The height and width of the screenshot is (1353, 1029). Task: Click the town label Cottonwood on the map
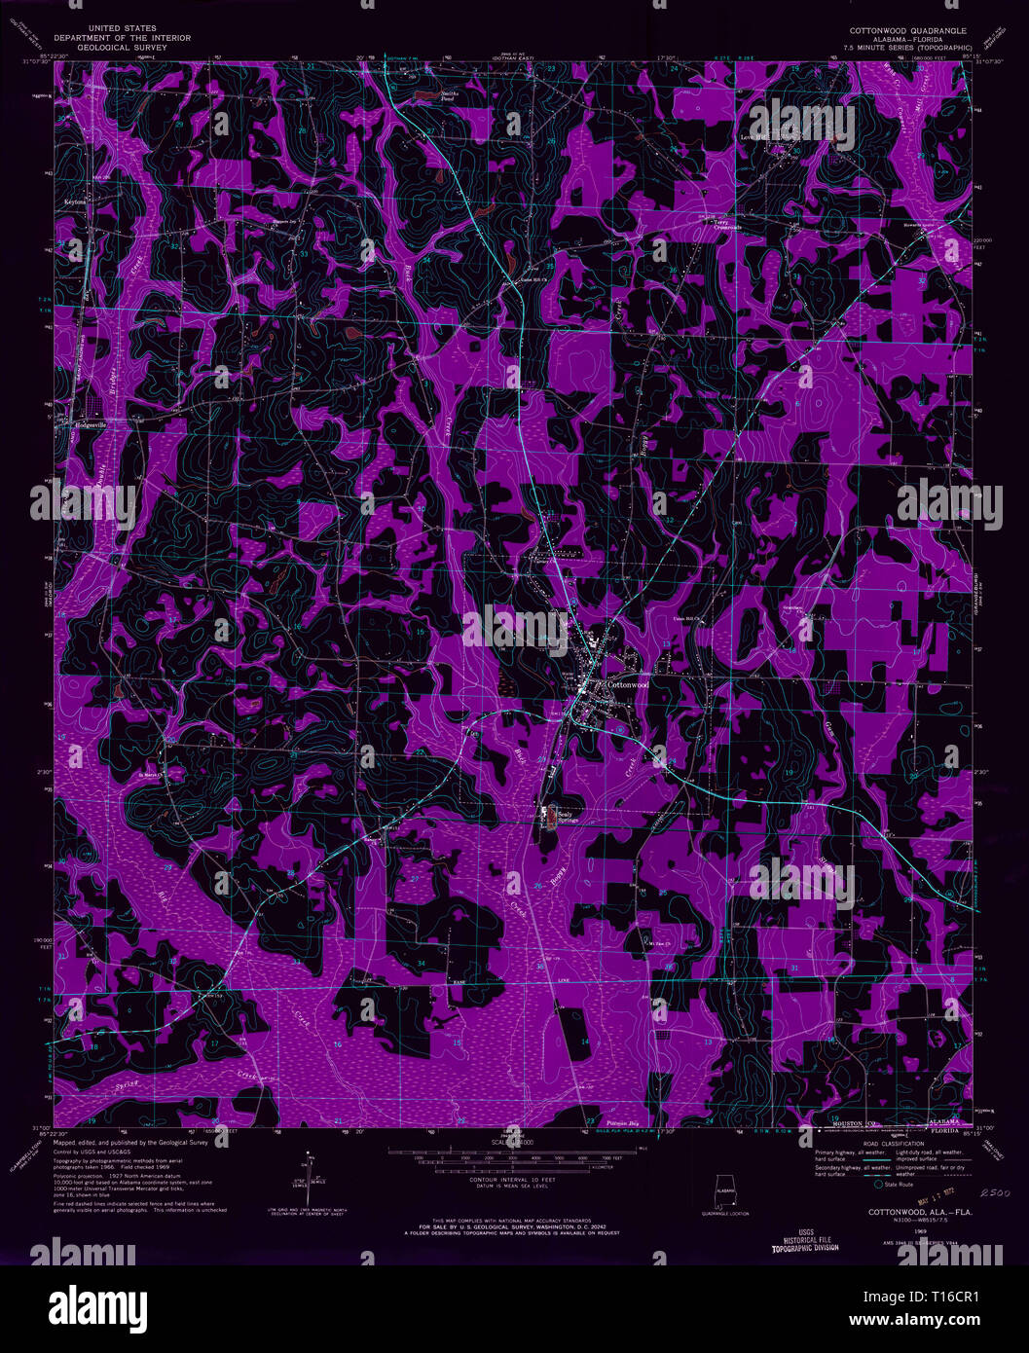coord(627,684)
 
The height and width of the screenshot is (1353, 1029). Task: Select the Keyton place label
coord(77,201)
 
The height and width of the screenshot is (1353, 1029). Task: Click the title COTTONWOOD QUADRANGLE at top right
coord(906,31)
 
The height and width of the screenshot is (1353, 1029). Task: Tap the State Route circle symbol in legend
coord(879,1185)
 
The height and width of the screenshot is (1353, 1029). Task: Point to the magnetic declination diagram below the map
coord(309,1173)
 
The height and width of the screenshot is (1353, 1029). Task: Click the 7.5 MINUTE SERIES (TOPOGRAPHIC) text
coord(905,46)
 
